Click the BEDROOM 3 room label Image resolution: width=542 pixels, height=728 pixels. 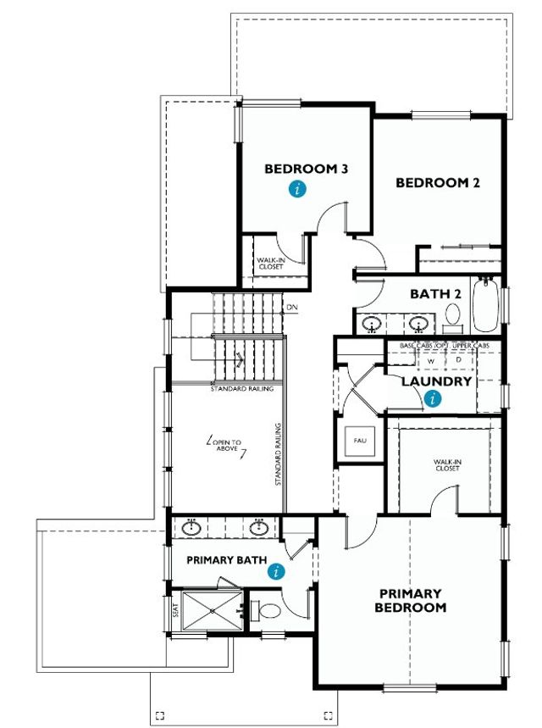(x=307, y=169)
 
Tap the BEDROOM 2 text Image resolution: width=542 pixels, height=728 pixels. (x=438, y=182)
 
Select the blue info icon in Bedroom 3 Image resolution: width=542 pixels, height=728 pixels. (x=296, y=190)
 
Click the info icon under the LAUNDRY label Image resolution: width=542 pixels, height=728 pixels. (x=434, y=398)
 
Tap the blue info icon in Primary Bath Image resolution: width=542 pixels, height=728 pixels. (x=275, y=572)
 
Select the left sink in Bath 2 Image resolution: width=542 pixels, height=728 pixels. (x=372, y=323)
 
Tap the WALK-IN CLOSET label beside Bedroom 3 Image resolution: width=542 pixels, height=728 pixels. (x=271, y=264)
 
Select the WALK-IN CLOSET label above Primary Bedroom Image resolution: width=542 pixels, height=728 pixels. (x=446, y=465)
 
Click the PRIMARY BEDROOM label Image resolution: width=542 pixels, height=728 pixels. (x=412, y=600)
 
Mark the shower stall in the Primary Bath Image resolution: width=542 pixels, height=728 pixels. (x=207, y=609)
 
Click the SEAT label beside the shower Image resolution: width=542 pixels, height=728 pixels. (x=176, y=609)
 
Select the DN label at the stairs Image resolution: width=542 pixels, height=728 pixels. (x=292, y=307)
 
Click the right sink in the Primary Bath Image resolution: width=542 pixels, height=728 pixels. (x=259, y=528)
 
